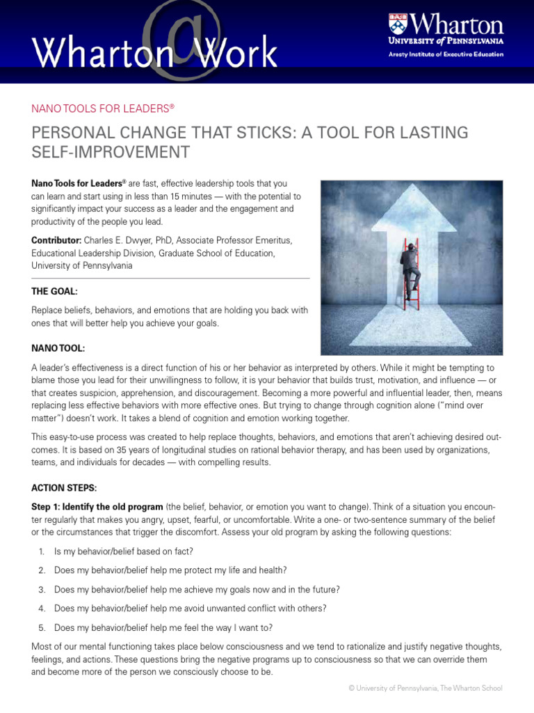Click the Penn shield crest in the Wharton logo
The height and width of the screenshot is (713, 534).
click(398, 25)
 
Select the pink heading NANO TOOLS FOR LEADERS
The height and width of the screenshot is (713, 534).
click(102, 109)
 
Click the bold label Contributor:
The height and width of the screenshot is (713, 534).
click(58, 240)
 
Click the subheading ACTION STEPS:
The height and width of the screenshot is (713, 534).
click(64, 487)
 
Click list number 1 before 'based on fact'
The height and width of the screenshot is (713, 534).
click(42, 551)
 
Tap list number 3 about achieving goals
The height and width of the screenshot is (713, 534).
click(42, 589)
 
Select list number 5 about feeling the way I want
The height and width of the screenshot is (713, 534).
click(42, 627)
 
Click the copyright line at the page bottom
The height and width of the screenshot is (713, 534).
click(425, 688)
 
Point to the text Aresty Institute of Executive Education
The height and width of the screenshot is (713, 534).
click(446, 54)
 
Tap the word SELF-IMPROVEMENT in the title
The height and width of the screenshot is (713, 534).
click(111, 151)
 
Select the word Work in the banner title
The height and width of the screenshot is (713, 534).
click(236, 52)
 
